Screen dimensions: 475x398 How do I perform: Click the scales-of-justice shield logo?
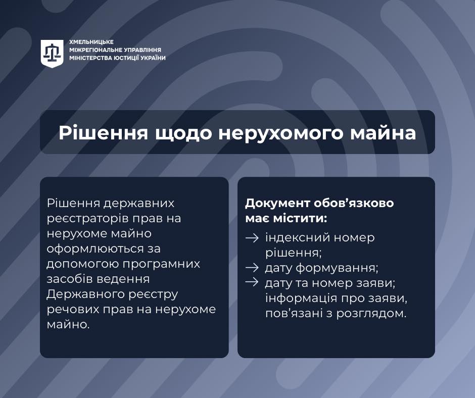pos(52,54)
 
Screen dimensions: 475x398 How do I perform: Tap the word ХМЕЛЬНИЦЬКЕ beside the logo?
pos(91,42)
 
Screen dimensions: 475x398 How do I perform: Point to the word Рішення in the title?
pos(103,133)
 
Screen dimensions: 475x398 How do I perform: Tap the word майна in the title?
pos(383,133)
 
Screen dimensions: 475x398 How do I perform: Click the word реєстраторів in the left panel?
pos(88,219)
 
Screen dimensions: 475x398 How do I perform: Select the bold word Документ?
pos(277,203)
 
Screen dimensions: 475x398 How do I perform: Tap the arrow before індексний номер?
pos(252,238)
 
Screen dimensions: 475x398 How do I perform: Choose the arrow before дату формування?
pos(252,268)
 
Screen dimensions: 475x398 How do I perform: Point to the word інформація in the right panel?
pos(301,298)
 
